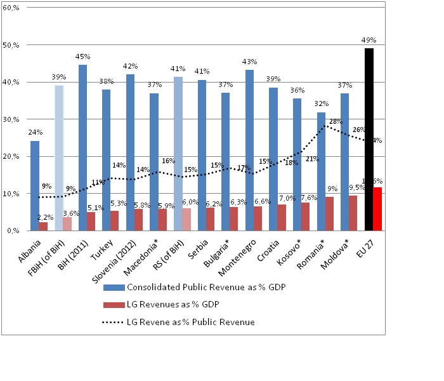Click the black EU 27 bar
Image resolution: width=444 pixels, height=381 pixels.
tap(369, 140)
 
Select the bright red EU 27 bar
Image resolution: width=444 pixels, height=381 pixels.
tap(378, 209)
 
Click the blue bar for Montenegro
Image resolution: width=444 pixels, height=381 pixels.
tap(249, 150)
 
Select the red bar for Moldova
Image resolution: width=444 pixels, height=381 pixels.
tap(354, 213)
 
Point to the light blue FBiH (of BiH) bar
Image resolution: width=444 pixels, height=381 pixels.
tap(59, 158)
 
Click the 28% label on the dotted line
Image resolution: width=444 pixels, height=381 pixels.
tap(336, 121)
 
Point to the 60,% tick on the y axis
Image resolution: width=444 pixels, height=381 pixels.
tap(11, 9)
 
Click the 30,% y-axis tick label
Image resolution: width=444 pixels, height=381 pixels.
tap(11, 119)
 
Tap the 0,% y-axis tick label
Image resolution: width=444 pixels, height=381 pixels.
tap(13, 231)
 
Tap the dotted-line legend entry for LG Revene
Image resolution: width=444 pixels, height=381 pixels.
tap(179, 323)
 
